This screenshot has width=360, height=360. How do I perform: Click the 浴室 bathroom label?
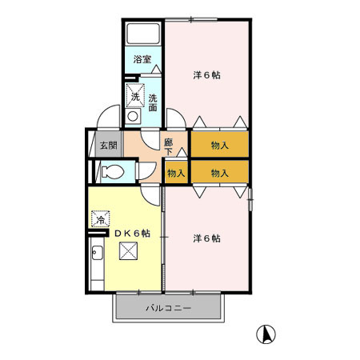pyautogui.click(x=142, y=59)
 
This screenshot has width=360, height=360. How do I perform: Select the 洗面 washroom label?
pyautogui.click(x=152, y=102)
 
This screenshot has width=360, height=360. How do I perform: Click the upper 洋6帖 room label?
pyautogui.click(x=207, y=75)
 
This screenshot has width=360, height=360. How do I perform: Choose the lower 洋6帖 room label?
pyautogui.click(x=207, y=238)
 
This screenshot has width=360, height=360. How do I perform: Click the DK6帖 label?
pyautogui.click(x=132, y=233)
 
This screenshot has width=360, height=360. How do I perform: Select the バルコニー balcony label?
pyautogui.click(x=167, y=308)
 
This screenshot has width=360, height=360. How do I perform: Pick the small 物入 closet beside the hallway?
pyautogui.click(x=176, y=173)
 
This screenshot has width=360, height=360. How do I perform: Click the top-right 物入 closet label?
pyautogui.click(x=219, y=146)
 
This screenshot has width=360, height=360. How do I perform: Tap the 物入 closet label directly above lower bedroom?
pyautogui.click(x=219, y=173)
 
